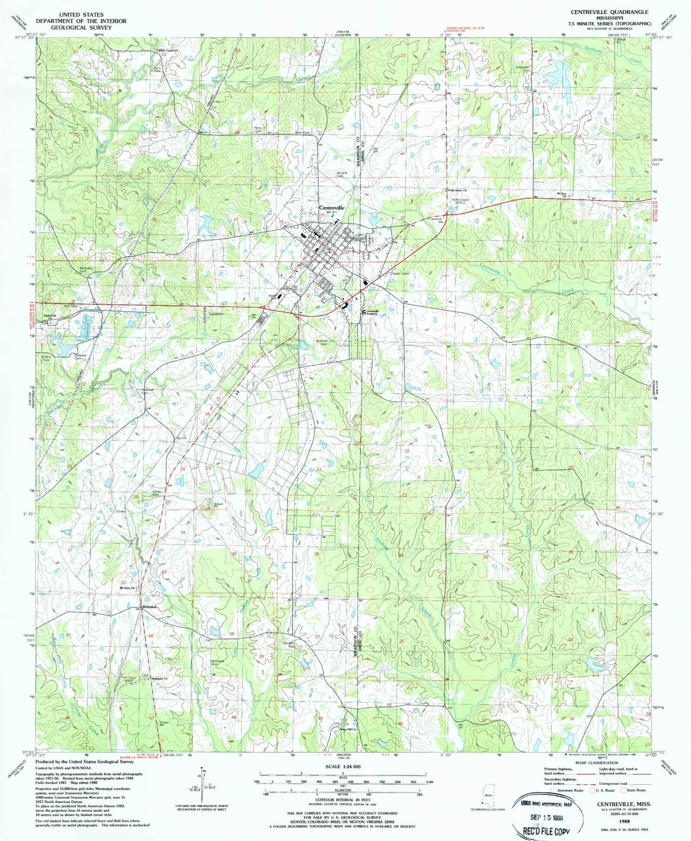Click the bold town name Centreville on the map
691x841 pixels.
coord(331,208)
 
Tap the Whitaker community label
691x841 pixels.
coord(150,607)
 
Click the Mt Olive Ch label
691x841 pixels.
coord(127,588)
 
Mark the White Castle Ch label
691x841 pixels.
coord(168,50)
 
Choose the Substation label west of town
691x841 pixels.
coord(216,314)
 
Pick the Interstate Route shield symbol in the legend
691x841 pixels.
coord(553,790)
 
